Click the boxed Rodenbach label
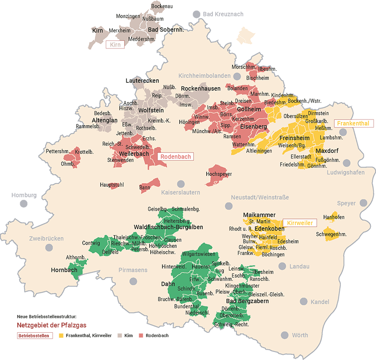click(176, 157)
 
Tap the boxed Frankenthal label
click(353, 124)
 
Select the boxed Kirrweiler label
click(299, 222)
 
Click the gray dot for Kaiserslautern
click(180, 184)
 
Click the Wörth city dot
click(284, 335)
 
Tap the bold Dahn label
click(168, 284)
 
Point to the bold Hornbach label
click(65, 271)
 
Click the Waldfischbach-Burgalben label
click(169, 227)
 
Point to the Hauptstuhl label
click(111, 185)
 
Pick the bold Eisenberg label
click(253, 127)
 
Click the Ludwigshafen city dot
click(346, 163)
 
